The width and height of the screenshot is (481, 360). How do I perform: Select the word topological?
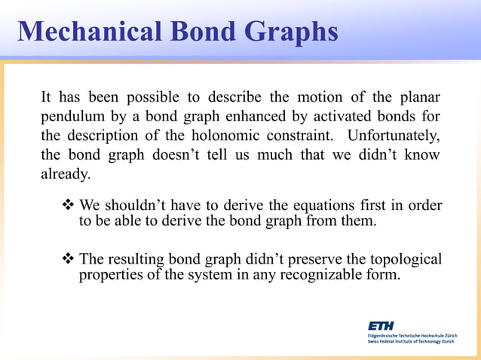pyautogui.click(x=403, y=260)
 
